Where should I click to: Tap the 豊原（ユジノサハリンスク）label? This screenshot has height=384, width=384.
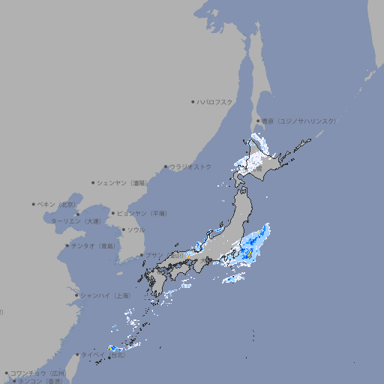(298, 121)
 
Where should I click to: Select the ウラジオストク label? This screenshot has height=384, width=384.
(190, 166)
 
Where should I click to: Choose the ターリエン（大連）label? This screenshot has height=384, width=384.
(75, 221)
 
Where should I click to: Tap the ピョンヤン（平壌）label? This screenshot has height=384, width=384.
(142, 214)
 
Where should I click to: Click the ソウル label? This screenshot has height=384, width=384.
(136, 229)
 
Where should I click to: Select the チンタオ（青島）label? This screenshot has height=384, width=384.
(93, 246)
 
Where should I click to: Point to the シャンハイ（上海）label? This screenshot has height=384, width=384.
(105, 295)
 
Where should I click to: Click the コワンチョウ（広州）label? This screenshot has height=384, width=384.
(37, 373)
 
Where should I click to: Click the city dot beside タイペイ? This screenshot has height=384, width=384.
(77, 355)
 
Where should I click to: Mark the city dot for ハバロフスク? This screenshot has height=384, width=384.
(193, 101)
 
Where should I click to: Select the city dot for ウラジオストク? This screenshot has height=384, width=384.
(166, 166)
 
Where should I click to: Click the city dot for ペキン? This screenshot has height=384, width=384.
(34, 204)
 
